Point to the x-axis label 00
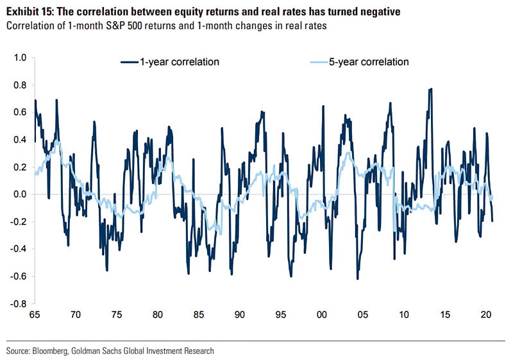coord(322,315)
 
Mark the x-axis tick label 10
coord(404,315)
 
